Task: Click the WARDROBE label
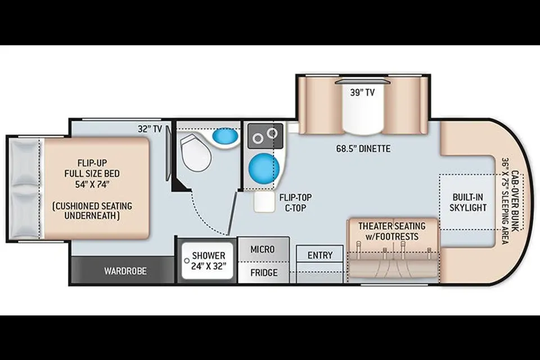(x=125, y=271)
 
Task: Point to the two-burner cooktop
(x=265, y=136)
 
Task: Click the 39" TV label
(x=362, y=93)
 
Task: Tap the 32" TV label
(x=150, y=129)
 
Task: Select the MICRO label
(x=263, y=249)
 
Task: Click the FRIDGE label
(x=264, y=273)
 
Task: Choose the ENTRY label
(x=320, y=255)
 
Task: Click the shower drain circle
(x=187, y=261)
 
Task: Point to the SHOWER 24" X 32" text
(x=209, y=261)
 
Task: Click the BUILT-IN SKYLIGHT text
(x=467, y=202)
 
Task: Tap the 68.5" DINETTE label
(x=363, y=149)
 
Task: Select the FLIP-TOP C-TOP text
(x=295, y=202)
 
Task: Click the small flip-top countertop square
(x=264, y=202)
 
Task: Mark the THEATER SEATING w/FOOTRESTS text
(x=392, y=231)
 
